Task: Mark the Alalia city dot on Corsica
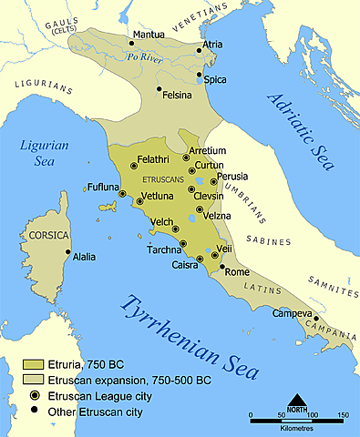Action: pos(67,252)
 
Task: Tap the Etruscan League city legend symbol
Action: pos(33,396)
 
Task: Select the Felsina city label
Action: pos(179,94)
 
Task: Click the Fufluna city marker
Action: pos(121,193)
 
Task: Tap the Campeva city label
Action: pos(293,313)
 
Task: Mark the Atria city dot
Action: pos(198,50)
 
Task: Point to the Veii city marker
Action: pos(215,256)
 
